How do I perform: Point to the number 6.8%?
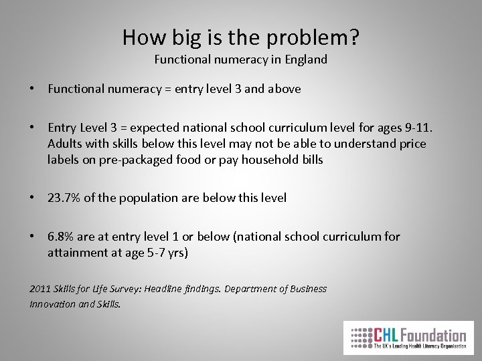coord(62,236)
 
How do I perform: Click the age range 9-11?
coord(412,128)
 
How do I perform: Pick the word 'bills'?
coord(311,160)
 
